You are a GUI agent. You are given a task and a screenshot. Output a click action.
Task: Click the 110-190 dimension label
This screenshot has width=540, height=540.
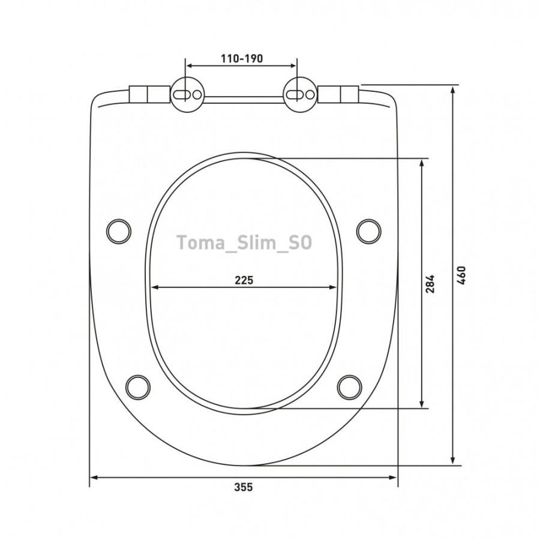[x=241, y=58]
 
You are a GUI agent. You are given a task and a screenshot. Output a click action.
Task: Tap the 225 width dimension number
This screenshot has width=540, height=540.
[x=244, y=280]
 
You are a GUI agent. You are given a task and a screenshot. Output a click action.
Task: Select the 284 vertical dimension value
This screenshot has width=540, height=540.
[x=430, y=283]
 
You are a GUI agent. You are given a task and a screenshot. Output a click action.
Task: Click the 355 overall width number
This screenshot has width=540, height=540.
[x=244, y=487]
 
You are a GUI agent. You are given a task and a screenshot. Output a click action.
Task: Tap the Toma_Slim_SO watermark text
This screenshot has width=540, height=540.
[x=244, y=242]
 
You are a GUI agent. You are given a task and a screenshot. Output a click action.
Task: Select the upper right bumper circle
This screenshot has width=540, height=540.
[x=368, y=231]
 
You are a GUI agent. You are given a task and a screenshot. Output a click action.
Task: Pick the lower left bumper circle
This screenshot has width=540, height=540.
[x=138, y=387]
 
